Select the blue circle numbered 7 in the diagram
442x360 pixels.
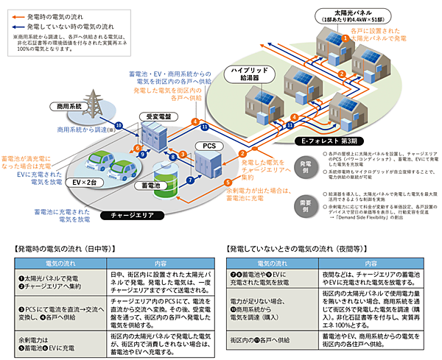[x=190, y=180]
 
